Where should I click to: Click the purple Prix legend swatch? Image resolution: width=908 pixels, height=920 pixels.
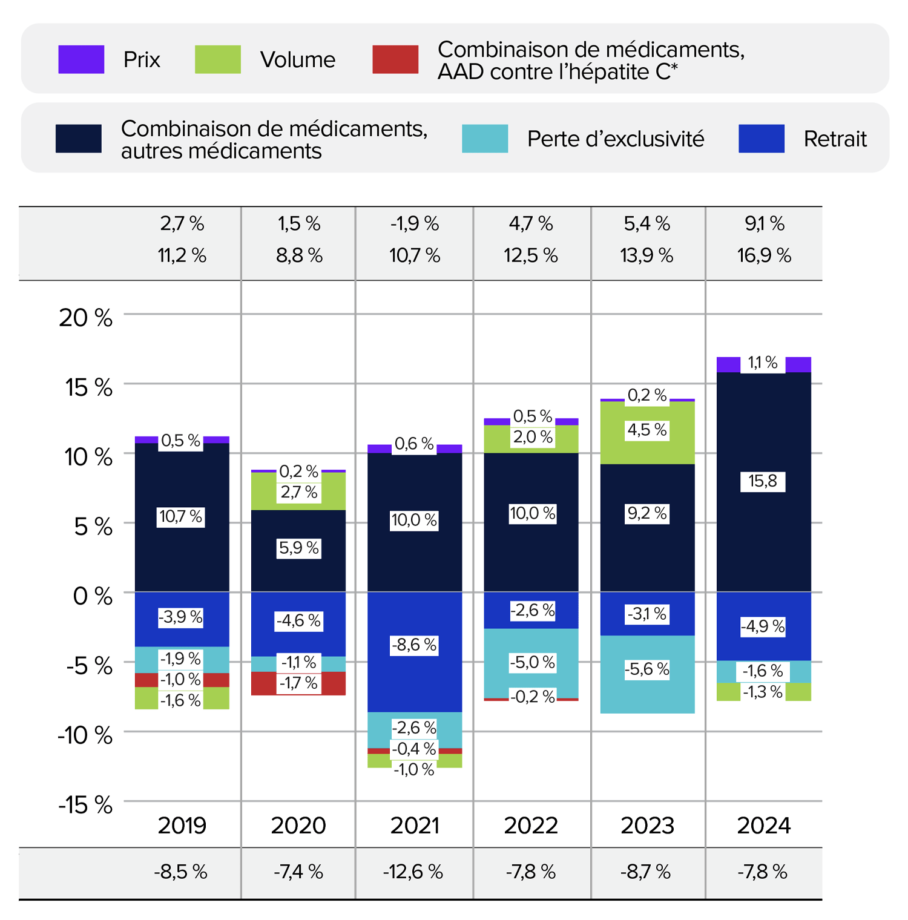81,59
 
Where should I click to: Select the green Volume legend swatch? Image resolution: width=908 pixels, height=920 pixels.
217,59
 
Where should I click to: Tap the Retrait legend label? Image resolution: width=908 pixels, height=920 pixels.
835,139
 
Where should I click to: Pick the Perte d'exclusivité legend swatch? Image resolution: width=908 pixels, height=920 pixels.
484,139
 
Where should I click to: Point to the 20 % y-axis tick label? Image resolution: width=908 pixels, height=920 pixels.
85,317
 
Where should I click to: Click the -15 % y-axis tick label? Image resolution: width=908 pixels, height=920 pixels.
85,805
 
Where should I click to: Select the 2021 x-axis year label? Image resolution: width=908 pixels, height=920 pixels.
414,825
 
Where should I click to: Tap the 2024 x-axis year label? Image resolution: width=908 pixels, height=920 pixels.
763,825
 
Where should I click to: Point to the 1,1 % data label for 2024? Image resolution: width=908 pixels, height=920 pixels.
762,363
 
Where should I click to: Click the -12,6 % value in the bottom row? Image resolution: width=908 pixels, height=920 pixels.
413,872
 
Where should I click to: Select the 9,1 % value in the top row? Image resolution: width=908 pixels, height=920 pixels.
764,224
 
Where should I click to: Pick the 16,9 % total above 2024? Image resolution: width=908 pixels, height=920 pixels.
764,255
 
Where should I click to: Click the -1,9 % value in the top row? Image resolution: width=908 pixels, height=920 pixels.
414,224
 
